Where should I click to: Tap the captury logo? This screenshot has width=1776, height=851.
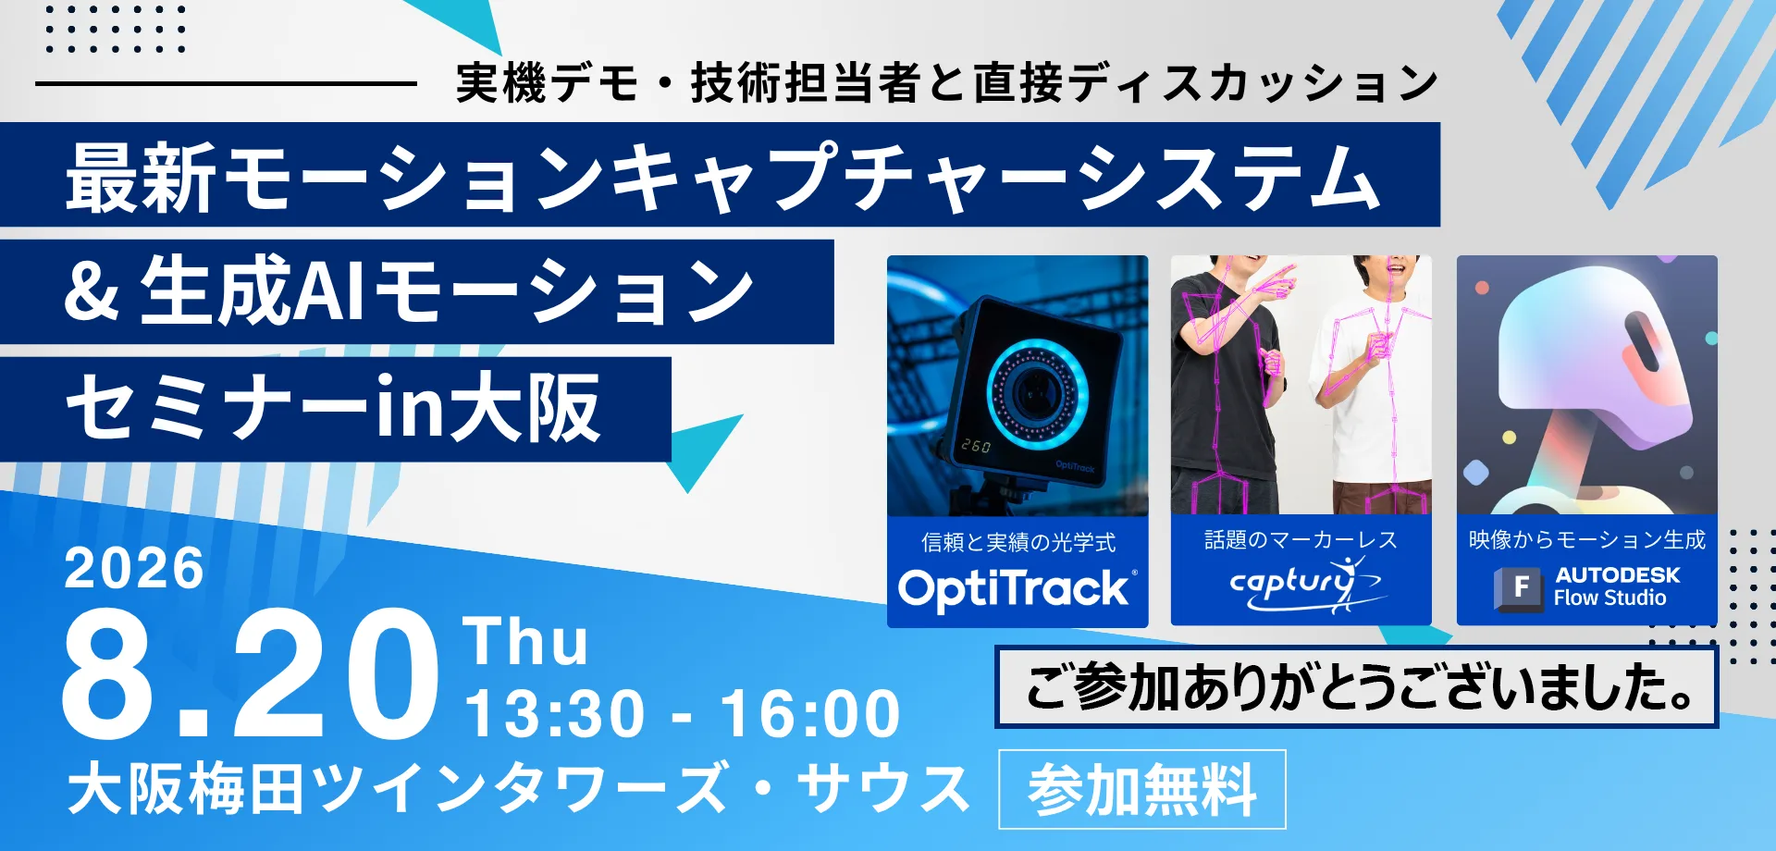tap(1304, 585)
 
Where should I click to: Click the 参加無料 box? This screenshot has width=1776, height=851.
tap(1142, 789)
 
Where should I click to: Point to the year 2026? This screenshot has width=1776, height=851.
tap(134, 567)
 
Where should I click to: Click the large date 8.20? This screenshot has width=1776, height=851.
tap(249, 674)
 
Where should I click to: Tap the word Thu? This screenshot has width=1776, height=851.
tap(525, 641)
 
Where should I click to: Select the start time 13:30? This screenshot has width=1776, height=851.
tap(554, 714)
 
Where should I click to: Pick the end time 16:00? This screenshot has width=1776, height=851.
tap(810, 714)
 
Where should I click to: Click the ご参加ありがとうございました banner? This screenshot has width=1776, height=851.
tap(1357, 687)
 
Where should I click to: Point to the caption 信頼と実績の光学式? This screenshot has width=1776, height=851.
tap(1018, 542)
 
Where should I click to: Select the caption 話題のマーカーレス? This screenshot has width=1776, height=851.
tap(1301, 539)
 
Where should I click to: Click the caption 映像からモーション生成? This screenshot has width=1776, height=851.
tap(1586, 539)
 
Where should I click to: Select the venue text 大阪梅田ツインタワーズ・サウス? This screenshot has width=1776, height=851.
tap(518, 789)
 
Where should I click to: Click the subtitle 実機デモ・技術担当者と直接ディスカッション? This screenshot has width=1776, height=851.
tap(946, 83)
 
